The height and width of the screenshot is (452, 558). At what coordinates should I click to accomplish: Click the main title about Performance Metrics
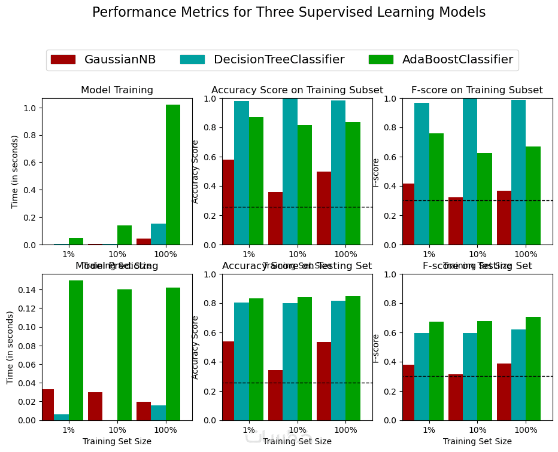[289, 13]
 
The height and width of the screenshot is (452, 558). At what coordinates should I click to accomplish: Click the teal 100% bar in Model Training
[158, 234]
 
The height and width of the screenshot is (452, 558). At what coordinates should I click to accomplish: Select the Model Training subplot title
[117, 90]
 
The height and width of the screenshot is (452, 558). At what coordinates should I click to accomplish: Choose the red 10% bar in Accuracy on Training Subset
[275, 218]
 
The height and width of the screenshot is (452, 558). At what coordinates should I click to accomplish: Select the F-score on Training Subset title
[477, 90]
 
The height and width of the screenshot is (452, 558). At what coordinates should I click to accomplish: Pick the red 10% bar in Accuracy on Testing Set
[275, 395]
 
